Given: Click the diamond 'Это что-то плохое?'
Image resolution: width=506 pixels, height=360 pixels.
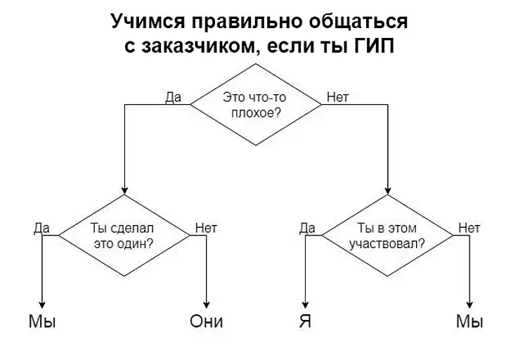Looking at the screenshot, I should pos(254,104).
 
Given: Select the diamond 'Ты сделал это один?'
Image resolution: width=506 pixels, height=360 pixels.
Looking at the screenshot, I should pos(124,236).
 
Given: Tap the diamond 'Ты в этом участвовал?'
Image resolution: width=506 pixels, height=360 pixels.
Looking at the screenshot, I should pos(388,236).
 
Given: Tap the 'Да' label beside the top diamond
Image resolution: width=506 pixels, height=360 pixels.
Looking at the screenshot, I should pos(173,98).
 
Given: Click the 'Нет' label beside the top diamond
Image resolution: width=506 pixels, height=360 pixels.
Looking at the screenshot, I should pos(338,98).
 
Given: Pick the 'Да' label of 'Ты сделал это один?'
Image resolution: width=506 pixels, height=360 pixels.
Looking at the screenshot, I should pos(41,228).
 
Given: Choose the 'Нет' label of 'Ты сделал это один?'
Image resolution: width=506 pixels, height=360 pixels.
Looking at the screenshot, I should pos(206,228).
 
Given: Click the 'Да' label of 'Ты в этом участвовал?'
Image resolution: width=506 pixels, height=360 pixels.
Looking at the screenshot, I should pos(307,228).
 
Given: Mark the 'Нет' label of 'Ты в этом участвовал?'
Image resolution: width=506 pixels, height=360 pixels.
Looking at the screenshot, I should pos(469,228).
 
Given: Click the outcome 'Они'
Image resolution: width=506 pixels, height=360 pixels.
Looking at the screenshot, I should pos(207,322).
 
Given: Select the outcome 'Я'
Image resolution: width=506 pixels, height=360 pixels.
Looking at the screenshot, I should pos(304,322).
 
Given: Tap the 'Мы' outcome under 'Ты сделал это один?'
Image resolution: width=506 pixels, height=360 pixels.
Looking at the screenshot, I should pos(42,322).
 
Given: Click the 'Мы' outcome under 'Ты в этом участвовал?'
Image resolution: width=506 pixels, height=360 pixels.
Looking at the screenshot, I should pos(469,322).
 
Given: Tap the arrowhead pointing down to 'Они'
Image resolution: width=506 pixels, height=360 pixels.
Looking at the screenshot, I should pos(207,302).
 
